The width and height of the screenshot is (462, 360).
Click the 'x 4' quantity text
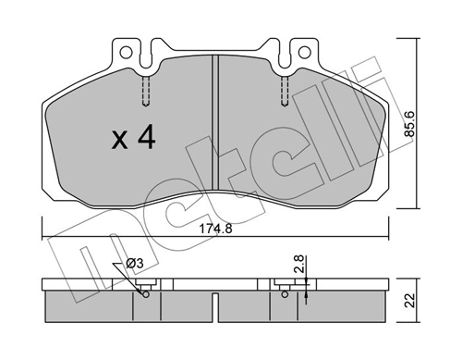[133, 140]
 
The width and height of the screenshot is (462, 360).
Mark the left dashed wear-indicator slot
[147, 91]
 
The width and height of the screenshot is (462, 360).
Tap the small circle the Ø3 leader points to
[147, 296]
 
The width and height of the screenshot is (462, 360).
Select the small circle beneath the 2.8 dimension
[282, 296]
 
